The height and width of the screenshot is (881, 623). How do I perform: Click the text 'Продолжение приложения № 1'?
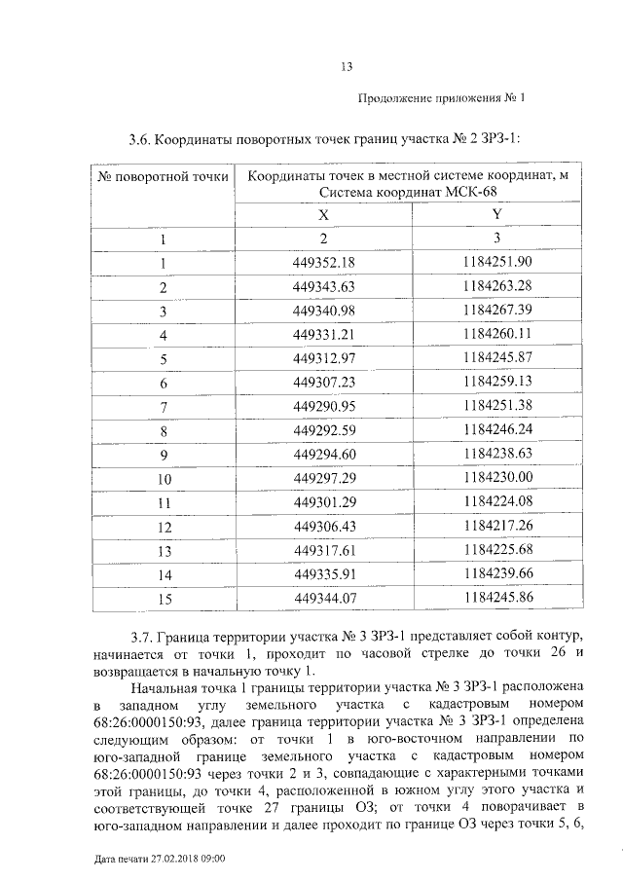(441, 98)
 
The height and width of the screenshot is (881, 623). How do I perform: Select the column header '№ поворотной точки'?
(164, 176)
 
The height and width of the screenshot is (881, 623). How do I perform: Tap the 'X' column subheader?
(324, 215)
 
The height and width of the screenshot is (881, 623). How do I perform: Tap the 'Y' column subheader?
(497, 215)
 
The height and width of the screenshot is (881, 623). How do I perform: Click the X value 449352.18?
(324, 263)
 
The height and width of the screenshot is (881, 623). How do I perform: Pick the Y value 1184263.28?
(497, 287)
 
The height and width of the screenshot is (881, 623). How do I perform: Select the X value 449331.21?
(324, 335)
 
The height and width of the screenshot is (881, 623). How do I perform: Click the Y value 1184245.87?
(497, 359)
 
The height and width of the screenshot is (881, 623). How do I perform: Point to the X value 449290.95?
(324, 407)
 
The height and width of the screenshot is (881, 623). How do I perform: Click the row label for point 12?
(164, 528)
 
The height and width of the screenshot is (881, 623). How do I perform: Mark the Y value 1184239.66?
(497, 575)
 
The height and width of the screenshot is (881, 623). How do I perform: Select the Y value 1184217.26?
(497, 527)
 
